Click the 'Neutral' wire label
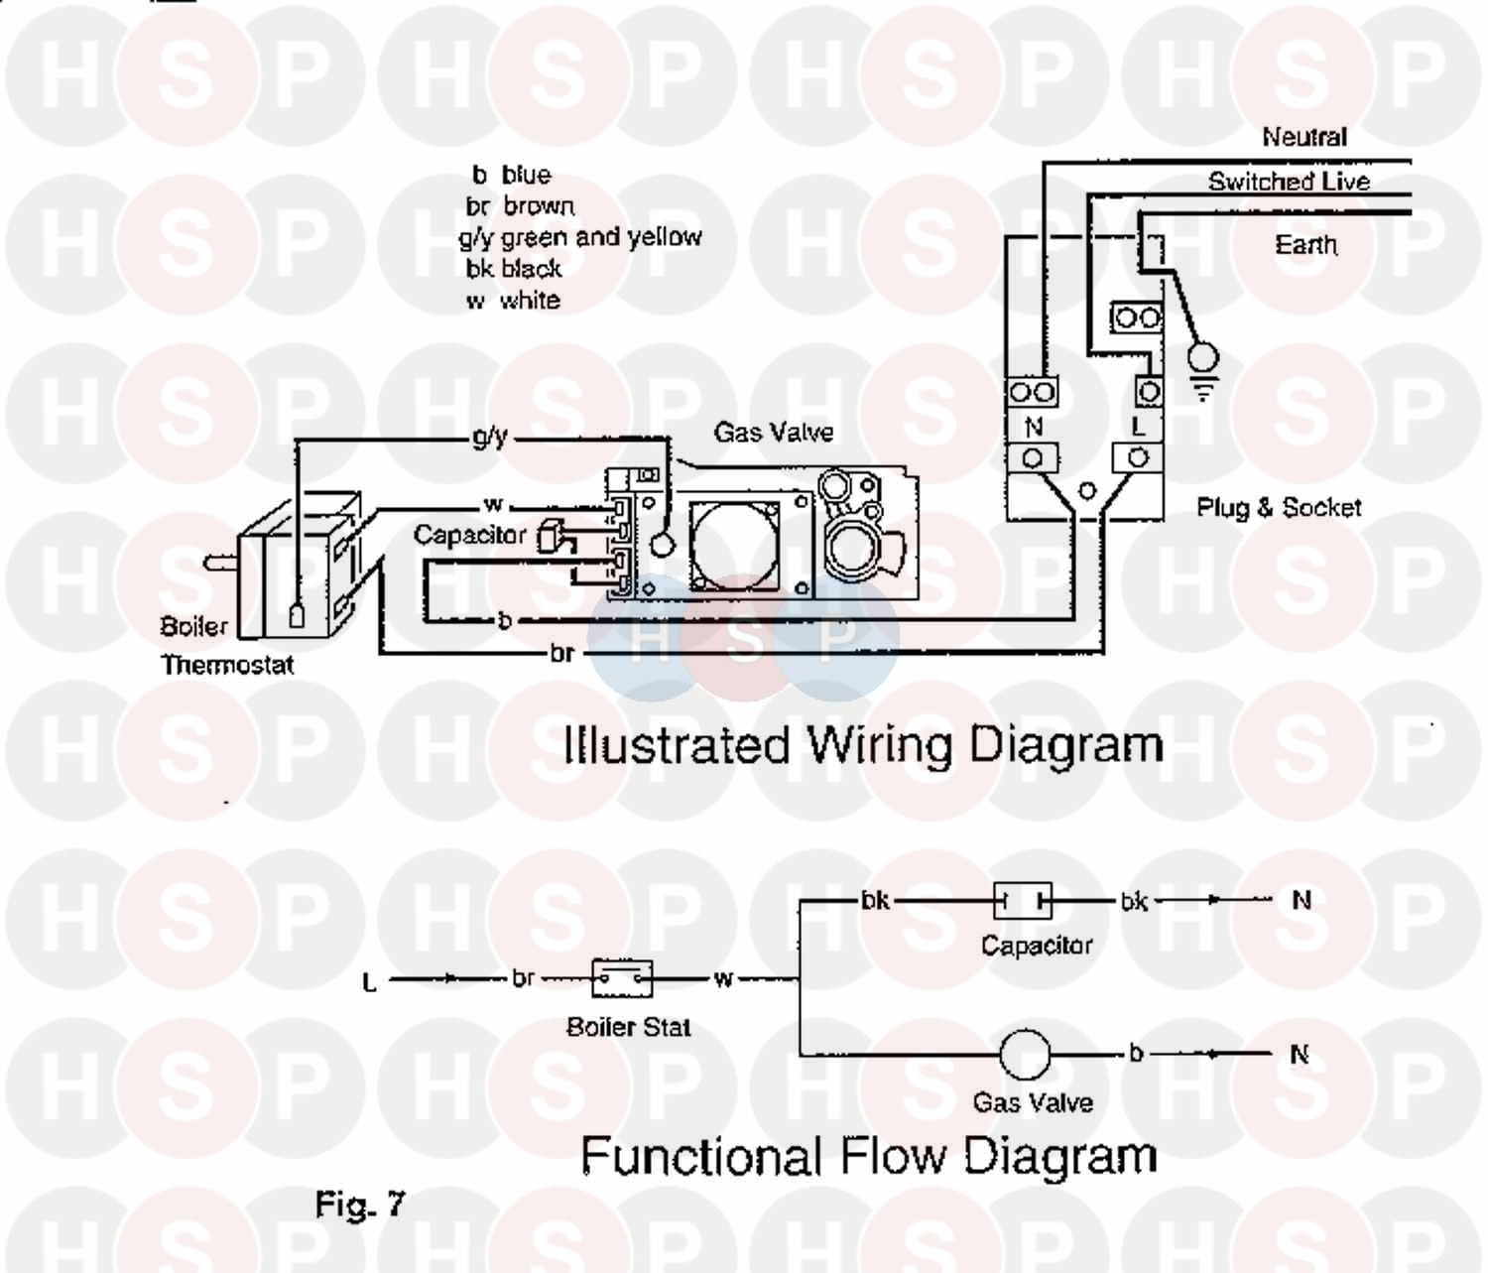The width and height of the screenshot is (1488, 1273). [1303, 137]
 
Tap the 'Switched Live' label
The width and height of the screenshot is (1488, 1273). [1289, 182]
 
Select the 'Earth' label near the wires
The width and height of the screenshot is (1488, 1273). [1305, 244]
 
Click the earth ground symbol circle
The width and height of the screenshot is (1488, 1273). [1203, 357]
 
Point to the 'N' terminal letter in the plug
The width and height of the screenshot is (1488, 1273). [1033, 427]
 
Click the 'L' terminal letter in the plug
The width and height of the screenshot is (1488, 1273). [1138, 427]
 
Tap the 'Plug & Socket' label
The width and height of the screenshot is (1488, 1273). [1278, 508]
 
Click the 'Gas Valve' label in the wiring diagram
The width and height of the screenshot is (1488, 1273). [773, 433]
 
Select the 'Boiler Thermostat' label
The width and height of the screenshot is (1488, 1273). [226, 646]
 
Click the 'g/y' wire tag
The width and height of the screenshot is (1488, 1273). [489, 437]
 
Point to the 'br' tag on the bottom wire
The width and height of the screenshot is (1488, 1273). [561, 653]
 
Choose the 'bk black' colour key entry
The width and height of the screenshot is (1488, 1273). [513, 269]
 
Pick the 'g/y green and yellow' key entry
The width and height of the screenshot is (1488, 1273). [579, 237]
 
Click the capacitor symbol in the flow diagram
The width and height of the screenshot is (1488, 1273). [1023, 901]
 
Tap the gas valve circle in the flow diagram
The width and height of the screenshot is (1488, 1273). [1024, 1054]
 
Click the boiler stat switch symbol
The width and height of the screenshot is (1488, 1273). [622, 979]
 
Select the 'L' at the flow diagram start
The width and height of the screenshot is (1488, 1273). [369, 983]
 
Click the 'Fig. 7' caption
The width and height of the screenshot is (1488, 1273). [359, 1205]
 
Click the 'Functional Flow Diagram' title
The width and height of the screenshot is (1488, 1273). [868, 1156]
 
